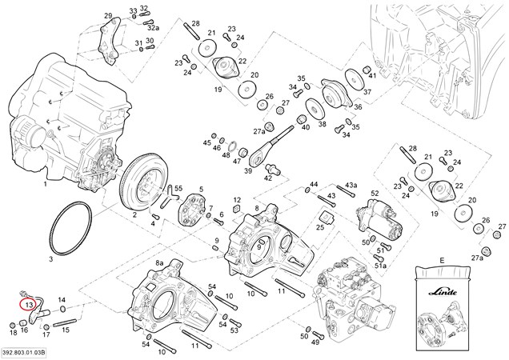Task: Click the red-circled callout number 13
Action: tap(28, 304)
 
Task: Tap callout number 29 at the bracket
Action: tap(108, 16)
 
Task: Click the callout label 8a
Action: tap(159, 262)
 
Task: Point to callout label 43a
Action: tap(351, 186)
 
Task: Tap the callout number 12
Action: tap(238, 199)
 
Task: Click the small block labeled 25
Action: tap(327, 218)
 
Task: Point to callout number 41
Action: tap(371, 74)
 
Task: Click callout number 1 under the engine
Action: tap(46, 184)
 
